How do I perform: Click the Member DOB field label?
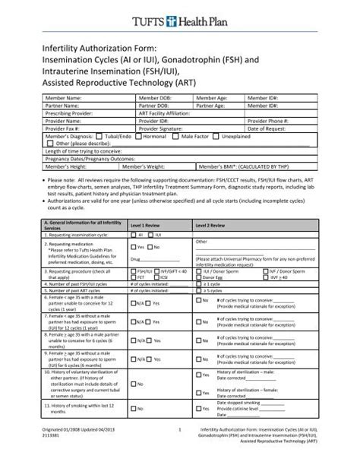[155, 99]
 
